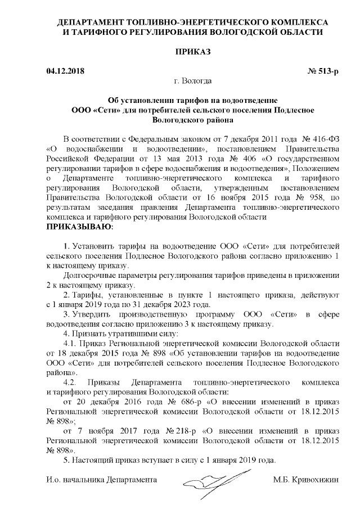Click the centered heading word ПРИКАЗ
coord(192,52)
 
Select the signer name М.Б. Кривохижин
coord(306,480)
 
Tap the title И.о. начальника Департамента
coord(101,480)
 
